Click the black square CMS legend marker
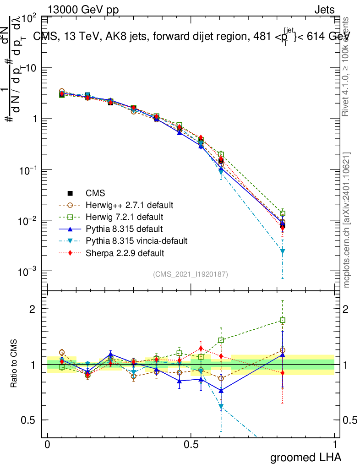71,192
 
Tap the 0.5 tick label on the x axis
191,445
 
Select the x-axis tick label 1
335,445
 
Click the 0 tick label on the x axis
47,445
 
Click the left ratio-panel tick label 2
33,309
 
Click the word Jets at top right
324,10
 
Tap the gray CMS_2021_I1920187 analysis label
191,274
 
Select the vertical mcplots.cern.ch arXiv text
347,220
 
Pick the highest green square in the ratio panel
283,321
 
